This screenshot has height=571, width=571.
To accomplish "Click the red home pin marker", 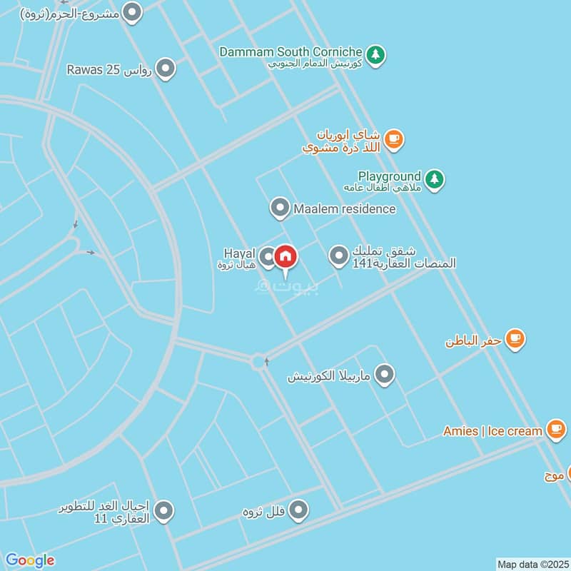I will click(285, 256).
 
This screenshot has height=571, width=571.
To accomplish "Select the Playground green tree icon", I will click(434, 179).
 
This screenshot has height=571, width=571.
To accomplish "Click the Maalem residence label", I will click(344, 209).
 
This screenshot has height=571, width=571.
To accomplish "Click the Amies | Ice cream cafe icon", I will click(556, 429).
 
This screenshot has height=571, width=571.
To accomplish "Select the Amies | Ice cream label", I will click(492, 431).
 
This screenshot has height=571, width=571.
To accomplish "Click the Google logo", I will click(30, 560).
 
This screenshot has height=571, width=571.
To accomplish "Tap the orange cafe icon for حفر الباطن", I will click(515, 339).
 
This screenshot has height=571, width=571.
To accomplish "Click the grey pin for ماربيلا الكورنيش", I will click(385, 374).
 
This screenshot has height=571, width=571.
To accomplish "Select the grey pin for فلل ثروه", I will click(298, 510).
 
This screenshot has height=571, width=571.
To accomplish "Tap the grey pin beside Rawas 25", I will click(166, 69).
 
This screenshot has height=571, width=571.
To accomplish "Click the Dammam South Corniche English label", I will click(292, 51).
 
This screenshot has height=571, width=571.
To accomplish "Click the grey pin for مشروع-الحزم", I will click(132, 11).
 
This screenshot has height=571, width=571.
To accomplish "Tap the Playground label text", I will click(390, 176).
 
